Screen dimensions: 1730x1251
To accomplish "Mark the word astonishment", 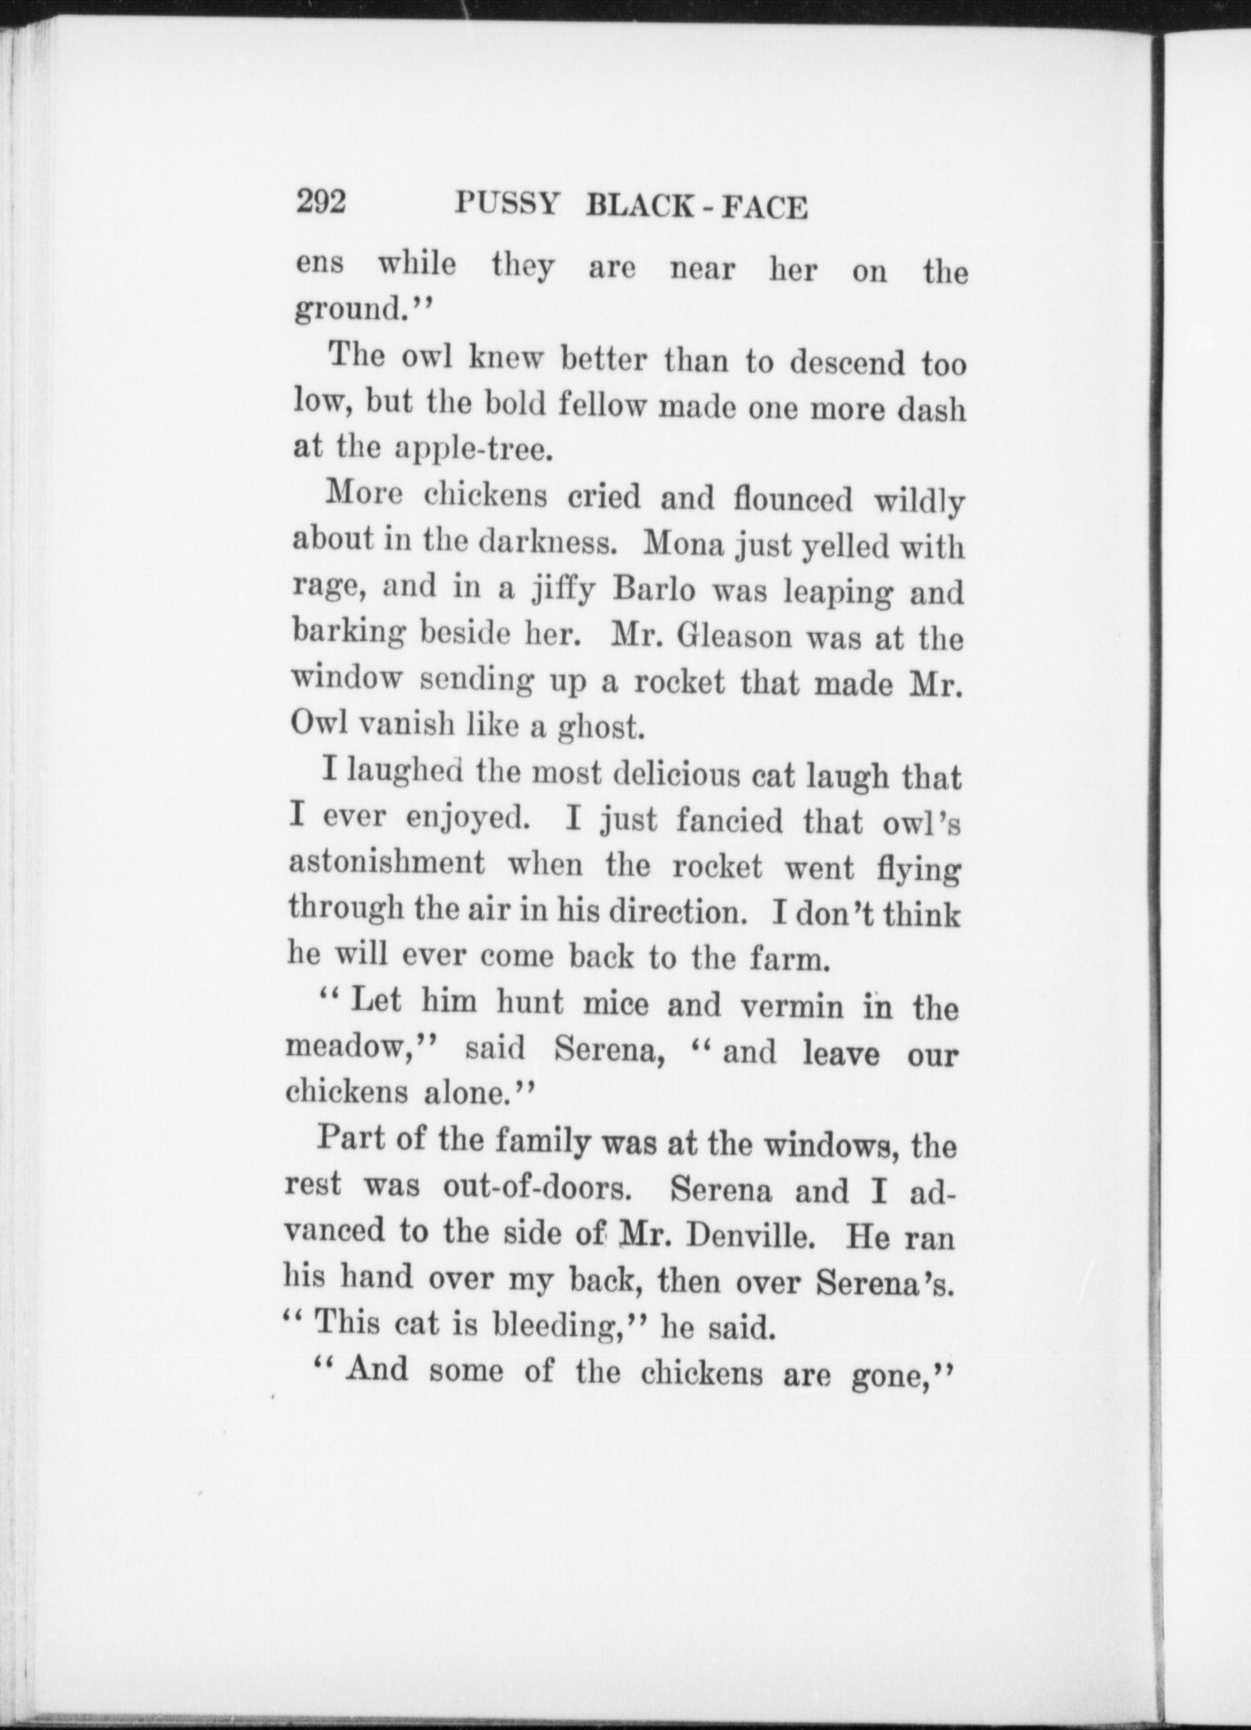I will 387,863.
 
